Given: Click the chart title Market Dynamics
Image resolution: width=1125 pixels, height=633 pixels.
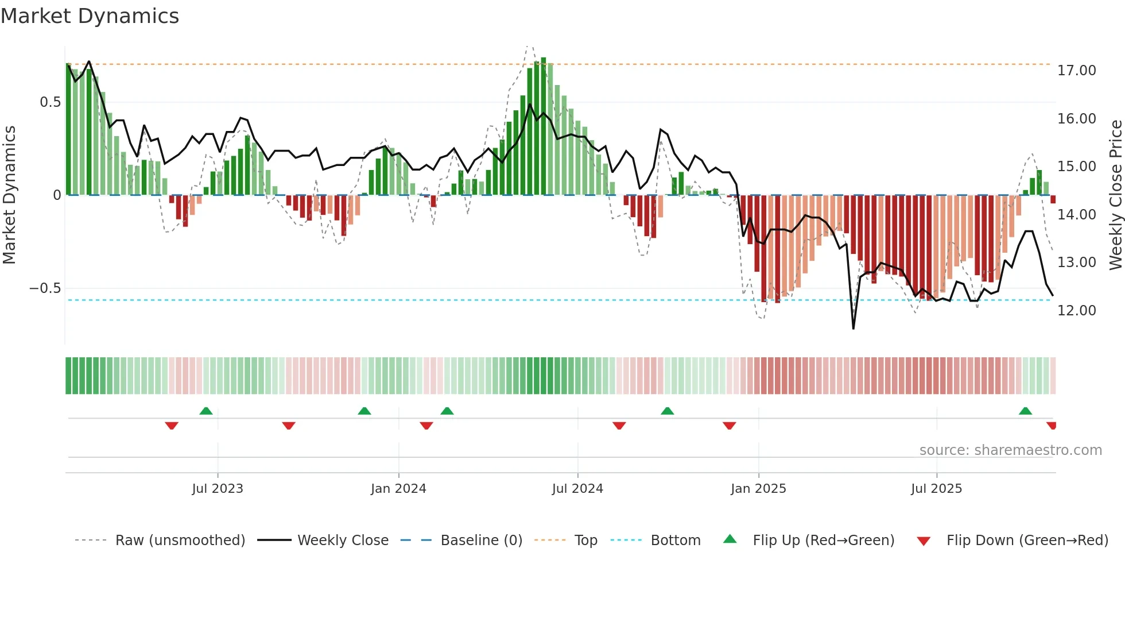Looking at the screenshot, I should click(90, 16).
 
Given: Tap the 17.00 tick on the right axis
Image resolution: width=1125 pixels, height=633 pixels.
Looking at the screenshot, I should click(1076, 71).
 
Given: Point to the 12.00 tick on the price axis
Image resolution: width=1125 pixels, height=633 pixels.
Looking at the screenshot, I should click(1076, 311).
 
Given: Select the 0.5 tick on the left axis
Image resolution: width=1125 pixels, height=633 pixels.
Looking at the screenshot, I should click(50, 102).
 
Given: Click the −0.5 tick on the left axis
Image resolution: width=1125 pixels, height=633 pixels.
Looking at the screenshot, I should click(45, 288).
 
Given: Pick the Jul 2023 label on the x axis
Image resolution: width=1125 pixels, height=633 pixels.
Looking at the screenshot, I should click(217, 489).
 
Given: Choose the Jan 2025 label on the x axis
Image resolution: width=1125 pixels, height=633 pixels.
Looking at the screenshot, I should click(758, 489).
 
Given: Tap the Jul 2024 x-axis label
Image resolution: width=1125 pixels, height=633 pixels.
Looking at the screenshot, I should click(577, 489).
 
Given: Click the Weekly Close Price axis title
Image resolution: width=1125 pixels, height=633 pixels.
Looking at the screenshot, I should click(1115, 195).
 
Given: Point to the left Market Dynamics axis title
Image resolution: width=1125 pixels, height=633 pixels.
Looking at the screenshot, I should click(9, 195).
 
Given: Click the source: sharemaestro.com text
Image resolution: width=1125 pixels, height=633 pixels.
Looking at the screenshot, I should click(1010, 450).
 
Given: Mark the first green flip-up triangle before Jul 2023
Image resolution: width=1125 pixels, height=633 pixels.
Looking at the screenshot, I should click(206, 411).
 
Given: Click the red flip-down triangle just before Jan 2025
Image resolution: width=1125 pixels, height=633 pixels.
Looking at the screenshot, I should click(729, 426).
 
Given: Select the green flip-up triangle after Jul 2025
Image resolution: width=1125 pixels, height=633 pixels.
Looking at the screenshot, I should click(1025, 411).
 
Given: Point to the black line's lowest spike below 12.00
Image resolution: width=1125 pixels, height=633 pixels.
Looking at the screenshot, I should click(854, 328).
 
